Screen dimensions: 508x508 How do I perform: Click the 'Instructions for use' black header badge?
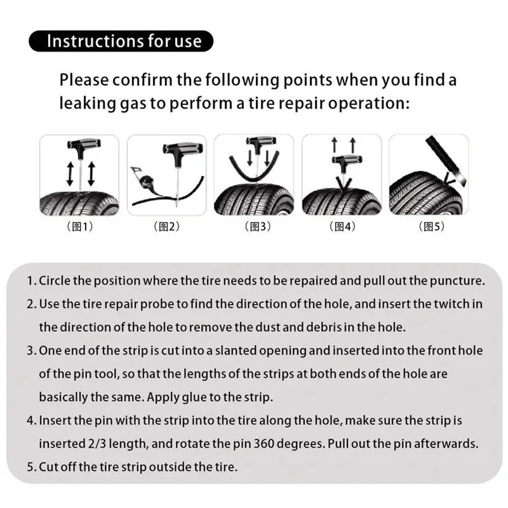tap(121, 41)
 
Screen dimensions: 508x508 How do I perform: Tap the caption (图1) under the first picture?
tap(80, 227)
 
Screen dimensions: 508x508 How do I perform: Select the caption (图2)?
tap(166, 227)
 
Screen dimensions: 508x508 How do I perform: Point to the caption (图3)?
tap(253, 227)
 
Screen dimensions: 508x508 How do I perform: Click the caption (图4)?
tap(341, 227)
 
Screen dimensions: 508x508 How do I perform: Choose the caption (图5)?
tap(429, 227)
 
